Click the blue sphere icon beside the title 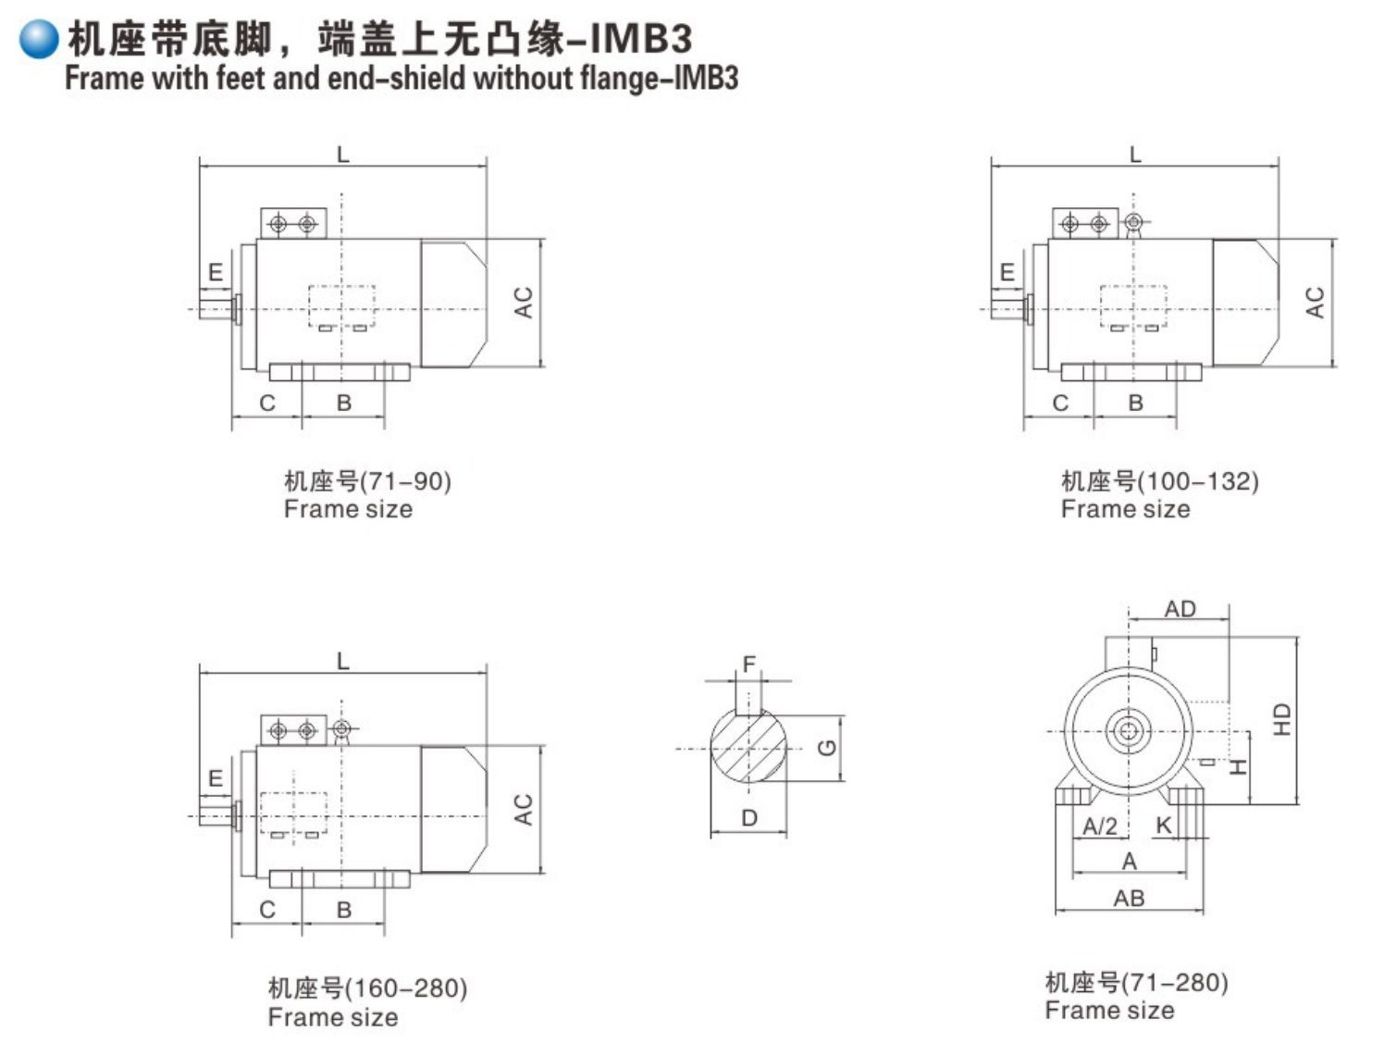(x=39, y=39)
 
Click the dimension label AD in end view (x=1180, y=609)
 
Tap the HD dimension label (x=1281, y=719)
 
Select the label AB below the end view (x=1129, y=898)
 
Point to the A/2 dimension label (x=1100, y=826)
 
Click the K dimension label (x=1164, y=826)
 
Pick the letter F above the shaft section (x=749, y=664)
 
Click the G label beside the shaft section (x=828, y=748)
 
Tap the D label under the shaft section (x=749, y=818)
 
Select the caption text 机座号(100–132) (x=1159, y=481)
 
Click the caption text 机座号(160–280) (x=367, y=988)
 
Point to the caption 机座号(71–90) (x=367, y=481)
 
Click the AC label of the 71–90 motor (x=524, y=303)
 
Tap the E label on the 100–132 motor (x=1007, y=272)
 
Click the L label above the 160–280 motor (x=343, y=661)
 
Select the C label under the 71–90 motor (x=267, y=403)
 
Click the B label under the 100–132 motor (x=1136, y=403)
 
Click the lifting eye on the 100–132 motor (x=1134, y=223)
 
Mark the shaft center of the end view (x=1128, y=731)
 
